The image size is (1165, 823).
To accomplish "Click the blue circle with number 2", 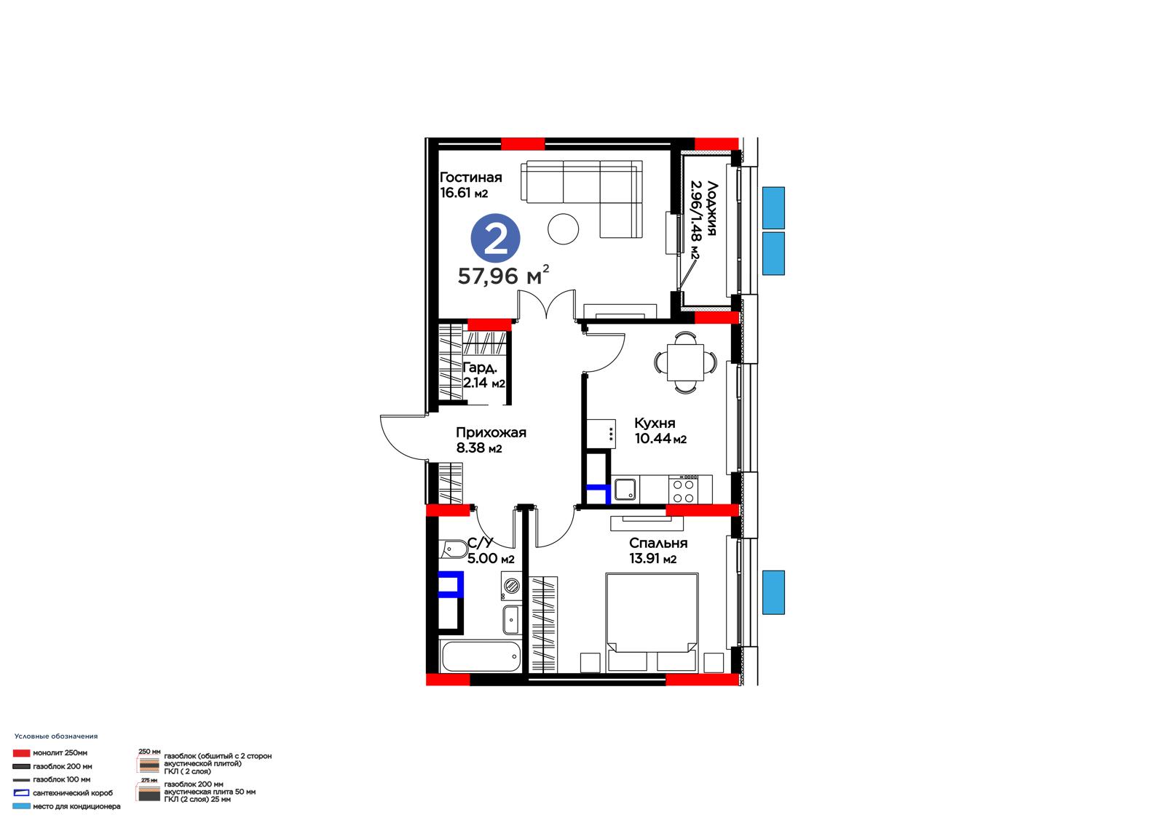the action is pyautogui.click(x=495, y=239).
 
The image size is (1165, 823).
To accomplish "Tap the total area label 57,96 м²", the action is pyautogui.click(x=503, y=275).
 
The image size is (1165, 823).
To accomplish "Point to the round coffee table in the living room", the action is pyautogui.click(x=564, y=228).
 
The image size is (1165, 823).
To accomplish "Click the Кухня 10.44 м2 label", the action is pyautogui.click(x=660, y=431).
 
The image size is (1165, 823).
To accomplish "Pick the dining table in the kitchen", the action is pyautogui.click(x=685, y=362).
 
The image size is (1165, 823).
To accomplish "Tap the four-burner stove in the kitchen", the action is pyautogui.click(x=684, y=490).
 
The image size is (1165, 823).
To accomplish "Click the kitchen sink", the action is pyautogui.click(x=625, y=489).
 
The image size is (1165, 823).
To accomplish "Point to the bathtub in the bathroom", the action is pyautogui.click(x=481, y=656).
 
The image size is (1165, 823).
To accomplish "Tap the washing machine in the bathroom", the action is pyautogui.click(x=513, y=586).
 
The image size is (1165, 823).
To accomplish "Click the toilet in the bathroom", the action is pyautogui.click(x=453, y=549).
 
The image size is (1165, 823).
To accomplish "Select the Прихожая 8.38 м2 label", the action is pyautogui.click(x=491, y=440).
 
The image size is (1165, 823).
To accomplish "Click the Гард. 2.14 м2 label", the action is pyautogui.click(x=484, y=375).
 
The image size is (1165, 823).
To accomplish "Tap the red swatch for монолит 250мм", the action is pyautogui.click(x=21, y=753).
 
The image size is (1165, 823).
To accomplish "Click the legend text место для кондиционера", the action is pyautogui.click(x=76, y=806).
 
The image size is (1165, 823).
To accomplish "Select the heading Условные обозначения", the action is pyautogui.click(x=56, y=736).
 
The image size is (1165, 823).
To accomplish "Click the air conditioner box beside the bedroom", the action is pyautogui.click(x=773, y=592).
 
